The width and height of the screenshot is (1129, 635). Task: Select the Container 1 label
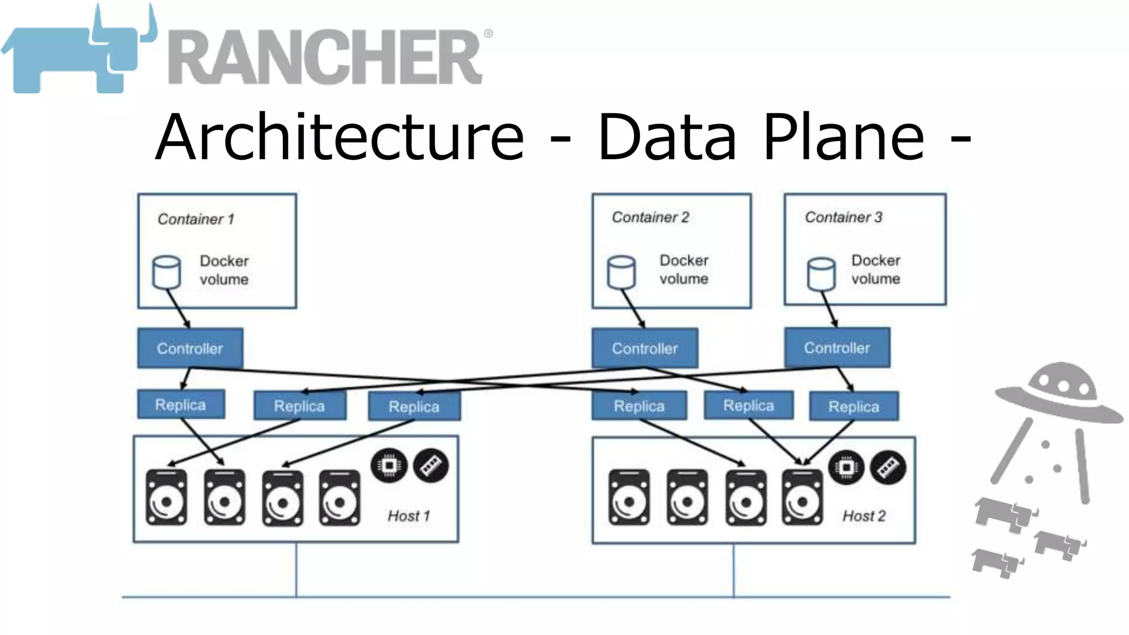[x=196, y=219]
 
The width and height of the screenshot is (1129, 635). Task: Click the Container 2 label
[x=650, y=217]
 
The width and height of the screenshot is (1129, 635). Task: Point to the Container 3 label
[x=843, y=217]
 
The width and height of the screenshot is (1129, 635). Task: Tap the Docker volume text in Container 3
[x=875, y=270]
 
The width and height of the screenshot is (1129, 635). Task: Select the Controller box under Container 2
[x=644, y=348]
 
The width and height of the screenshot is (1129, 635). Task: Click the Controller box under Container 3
[x=836, y=348]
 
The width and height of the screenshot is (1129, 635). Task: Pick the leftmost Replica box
[x=181, y=405]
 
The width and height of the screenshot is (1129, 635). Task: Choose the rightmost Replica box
[x=853, y=407]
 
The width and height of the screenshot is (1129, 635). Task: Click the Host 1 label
[x=408, y=516]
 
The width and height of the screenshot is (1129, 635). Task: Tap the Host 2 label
[x=864, y=516]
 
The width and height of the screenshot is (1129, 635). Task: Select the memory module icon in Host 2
[x=888, y=468]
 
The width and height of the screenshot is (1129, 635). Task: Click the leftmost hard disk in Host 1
[x=166, y=498]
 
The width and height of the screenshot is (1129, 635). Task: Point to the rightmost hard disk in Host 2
[x=802, y=498]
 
